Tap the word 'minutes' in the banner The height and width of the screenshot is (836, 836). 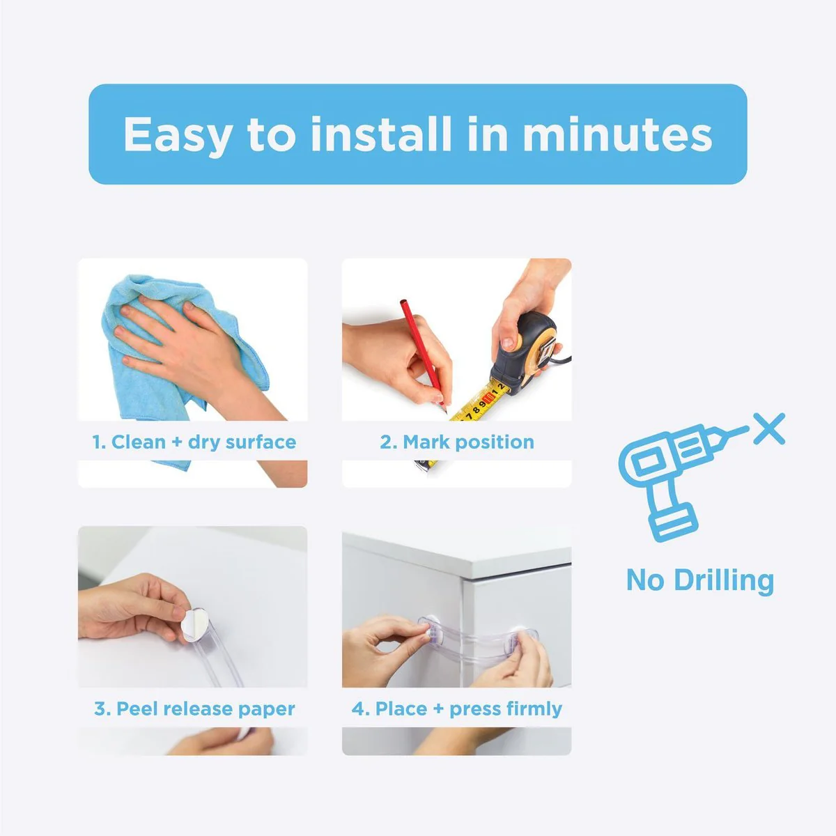point(617,134)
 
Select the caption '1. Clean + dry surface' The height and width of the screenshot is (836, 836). point(194,442)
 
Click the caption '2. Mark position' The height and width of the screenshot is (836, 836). point(457,442)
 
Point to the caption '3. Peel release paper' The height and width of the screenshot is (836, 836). point(194,709)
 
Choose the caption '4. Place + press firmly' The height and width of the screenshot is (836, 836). point(457,709)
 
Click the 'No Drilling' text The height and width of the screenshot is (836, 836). point(700,580)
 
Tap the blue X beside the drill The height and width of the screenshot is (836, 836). point(769,428)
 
